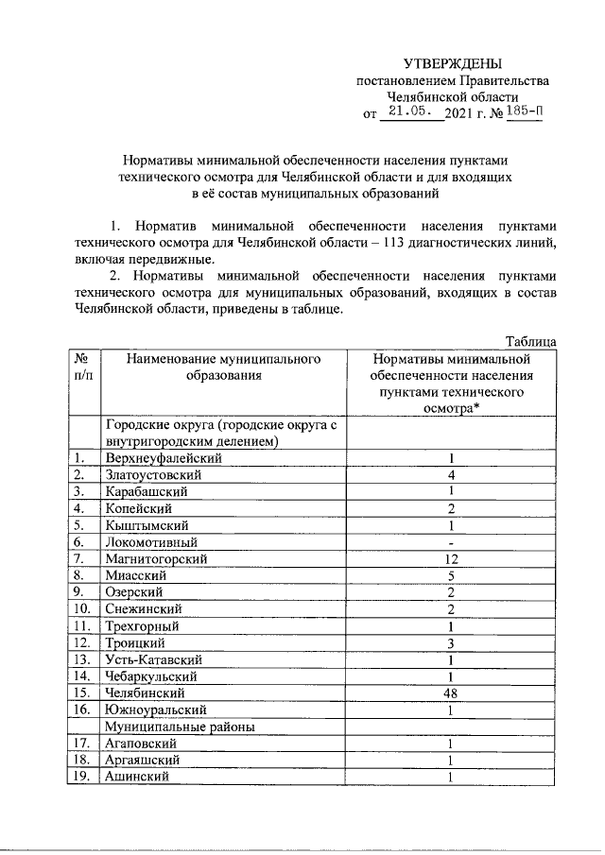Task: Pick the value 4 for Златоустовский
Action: click(452, 475)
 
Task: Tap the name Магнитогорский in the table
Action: click(155, 559)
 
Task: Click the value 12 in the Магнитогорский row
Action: click(452, 559)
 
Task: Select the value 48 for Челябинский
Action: click(452, 693)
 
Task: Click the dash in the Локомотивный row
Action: click(452, 543)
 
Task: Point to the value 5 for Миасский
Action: click(452, 576)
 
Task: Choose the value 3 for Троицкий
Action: click(452, 643)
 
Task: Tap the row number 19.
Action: click(81, 778)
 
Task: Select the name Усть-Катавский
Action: click(153, 660)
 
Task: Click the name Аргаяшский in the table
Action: click(144, 761)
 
